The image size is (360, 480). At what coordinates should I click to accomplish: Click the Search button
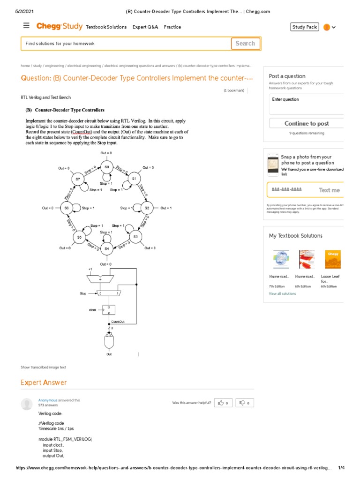[245, 44]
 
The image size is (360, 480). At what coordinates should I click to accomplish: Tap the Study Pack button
[305, 27]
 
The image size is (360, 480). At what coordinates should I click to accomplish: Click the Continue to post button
[306, 124]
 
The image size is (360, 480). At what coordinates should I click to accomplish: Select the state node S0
[107, 167]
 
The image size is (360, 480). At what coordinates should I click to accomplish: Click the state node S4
[107, 248]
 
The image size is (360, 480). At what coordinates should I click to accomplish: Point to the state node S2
[147, 208]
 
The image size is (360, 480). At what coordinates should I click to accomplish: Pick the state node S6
[67, 208]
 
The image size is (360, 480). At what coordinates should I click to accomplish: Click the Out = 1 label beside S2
[166, 208]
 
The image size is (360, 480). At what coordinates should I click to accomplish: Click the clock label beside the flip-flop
[93, 310]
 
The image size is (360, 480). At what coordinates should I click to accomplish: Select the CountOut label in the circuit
[118, 322]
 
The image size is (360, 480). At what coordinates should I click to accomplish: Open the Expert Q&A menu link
[145, 27]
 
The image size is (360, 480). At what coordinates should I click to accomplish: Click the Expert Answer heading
[44, 382]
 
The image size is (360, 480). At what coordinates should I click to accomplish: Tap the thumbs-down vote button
[244, 403]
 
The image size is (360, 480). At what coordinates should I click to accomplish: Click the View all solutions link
[282, 293]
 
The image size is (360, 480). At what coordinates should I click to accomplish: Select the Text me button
[329, 190]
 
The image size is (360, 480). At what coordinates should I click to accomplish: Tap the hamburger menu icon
[26, 26]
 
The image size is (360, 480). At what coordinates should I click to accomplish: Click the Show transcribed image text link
[43, 367]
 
